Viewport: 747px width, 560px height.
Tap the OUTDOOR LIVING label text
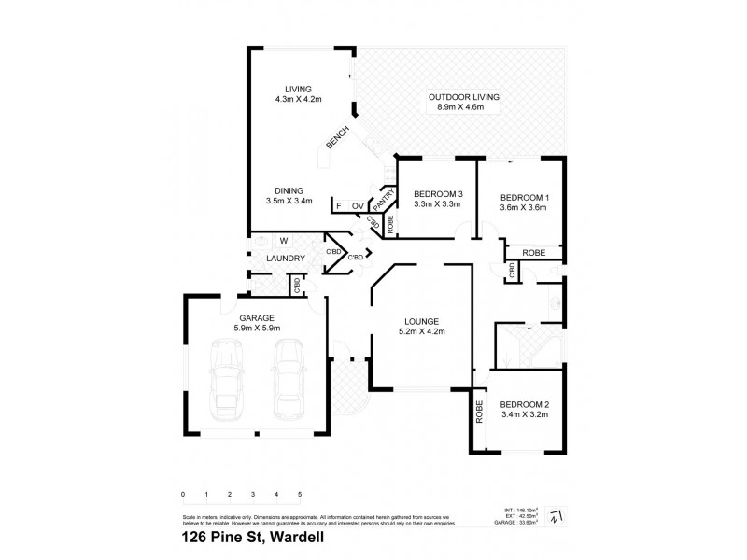[464, 98]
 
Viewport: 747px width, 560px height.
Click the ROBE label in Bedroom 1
[533, 251]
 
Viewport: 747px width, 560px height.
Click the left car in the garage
[227, 377]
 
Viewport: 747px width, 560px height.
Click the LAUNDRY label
[281, 259]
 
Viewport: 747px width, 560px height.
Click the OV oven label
[358, 205]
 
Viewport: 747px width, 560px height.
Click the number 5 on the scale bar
[300, 493]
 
